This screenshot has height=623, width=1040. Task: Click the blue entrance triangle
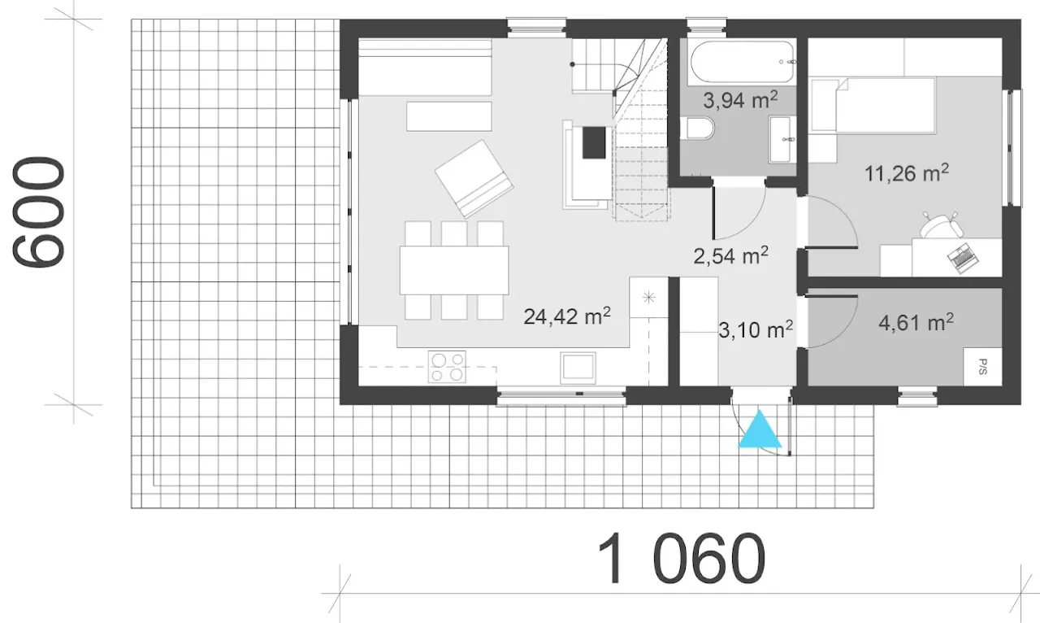click(x=760, y=429)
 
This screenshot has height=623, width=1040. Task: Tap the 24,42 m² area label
click(x=567, y=316)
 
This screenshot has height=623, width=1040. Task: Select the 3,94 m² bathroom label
click(x=740, y=100)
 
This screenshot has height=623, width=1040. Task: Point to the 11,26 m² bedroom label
click(x=906, y=173)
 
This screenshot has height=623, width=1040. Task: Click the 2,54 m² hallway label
click(x=730, y=255)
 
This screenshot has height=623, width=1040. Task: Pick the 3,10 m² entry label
click(x=756, y=329)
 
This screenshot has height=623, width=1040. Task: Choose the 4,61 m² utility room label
click(x=916, y=322)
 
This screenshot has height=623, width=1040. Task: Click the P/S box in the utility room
click(x=982, y=367)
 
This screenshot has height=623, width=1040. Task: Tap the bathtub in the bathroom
click(x=743, y=62)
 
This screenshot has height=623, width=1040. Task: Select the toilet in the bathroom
click(x=697, y=129)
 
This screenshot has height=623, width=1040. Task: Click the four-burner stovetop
click(x=447, y=367)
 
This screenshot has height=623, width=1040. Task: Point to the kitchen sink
click(x=578, y=368)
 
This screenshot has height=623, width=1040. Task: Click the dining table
click(x=454, y=271)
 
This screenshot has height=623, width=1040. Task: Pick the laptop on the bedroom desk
click(x=963, y=259)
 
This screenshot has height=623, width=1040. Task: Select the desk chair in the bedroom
click(x=941, y=226)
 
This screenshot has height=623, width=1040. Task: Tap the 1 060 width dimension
click(x=681, y=559)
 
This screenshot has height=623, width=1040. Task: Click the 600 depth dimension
click(x=38, y=212)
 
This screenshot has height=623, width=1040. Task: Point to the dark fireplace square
click(x=594, y=142)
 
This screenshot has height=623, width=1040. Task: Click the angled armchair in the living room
click(x=474, y=179)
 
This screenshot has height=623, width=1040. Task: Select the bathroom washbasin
click(x=782, y=139)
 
